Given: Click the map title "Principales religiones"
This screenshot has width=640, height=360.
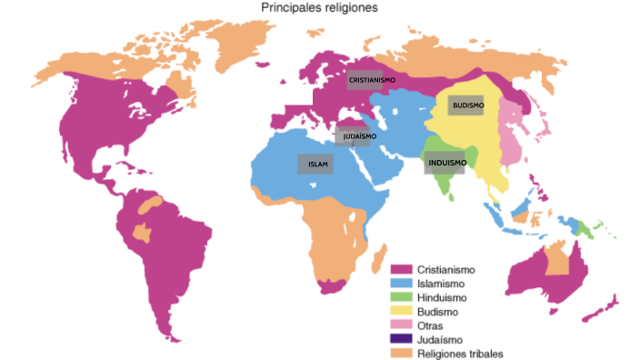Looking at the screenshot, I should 319,7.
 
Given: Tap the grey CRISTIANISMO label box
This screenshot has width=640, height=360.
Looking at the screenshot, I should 372,80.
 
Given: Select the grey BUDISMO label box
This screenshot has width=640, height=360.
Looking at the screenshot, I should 467,105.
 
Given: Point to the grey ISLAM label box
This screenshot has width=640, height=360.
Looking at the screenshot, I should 315,164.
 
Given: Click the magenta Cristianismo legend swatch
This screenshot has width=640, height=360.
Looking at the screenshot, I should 401,269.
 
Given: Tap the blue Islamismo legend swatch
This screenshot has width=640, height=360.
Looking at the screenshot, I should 401,284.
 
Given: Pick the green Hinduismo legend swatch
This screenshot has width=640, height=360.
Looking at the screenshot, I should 401,297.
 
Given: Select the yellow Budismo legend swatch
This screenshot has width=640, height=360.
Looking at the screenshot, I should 401,311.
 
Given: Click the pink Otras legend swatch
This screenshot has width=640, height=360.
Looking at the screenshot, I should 401,325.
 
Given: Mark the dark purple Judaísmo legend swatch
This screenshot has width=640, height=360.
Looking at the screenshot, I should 401,338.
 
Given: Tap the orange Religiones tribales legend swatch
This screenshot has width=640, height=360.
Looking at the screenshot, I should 401,352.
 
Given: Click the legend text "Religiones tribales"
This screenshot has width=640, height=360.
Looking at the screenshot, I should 460,353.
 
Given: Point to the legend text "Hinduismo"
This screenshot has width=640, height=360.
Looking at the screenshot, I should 443,297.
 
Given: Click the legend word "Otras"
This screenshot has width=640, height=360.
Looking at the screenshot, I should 432,325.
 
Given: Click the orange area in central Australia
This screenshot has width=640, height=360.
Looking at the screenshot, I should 555,262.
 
